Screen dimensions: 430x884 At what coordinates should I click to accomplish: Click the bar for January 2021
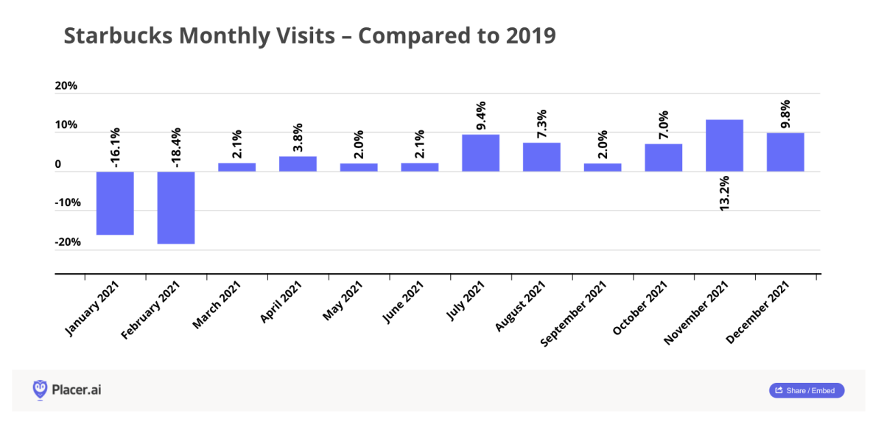[115, 203]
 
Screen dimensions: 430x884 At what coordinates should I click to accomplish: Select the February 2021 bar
[176, 208]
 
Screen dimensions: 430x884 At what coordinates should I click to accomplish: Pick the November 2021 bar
[724, 146]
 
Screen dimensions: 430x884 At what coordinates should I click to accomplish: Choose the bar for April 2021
[298, 164]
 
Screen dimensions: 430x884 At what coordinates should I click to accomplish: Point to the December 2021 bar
[785, 152]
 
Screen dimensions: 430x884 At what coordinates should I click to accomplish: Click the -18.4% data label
[175, 148]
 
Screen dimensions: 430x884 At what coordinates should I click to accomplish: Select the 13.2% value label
[724, 193]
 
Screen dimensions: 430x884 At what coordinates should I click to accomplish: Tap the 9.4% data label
[480, 116]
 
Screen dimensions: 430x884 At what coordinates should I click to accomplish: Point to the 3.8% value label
[298, 138]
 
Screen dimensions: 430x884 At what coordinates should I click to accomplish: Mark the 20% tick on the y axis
[66, 86]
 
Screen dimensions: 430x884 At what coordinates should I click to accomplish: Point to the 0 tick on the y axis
[58, 165]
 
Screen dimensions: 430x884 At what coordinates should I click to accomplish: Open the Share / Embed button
[807, 390]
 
